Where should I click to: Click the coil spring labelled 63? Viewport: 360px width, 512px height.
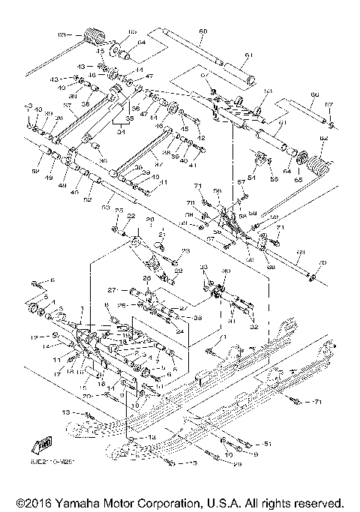click(93, 36)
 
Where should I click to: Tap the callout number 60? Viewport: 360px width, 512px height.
click(202, 31)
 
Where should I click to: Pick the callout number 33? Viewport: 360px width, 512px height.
click(203, 268)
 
